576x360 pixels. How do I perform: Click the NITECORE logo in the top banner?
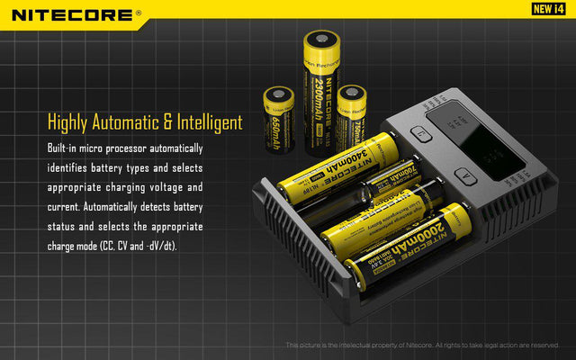(x=76, y=14)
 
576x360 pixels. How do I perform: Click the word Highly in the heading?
(x=71, y=122)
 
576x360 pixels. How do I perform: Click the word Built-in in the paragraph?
(x=64, y=148)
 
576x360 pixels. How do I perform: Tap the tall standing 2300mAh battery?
(x=320, y=90)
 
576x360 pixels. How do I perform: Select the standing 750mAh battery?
(x=353, y=112)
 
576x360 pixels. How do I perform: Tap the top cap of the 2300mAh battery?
(x=321, y=40)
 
